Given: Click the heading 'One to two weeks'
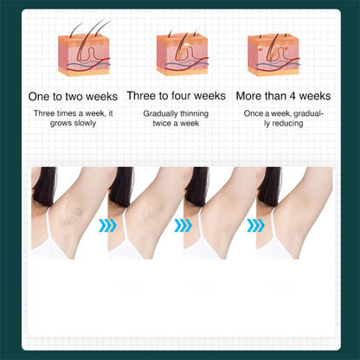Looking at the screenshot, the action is tap(73, 96).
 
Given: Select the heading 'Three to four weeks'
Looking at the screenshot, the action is tap(177, 96).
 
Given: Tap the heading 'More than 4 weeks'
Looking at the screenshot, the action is tap(283, 96).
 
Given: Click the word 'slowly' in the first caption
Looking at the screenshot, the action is tap(85, 123).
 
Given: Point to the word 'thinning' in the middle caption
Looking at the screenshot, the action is tap(195, 113).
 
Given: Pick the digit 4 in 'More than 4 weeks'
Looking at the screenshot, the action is tap(293, 96).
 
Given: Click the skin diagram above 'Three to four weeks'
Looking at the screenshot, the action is tap(183, 51).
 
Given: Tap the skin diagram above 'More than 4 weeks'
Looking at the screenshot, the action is tap(273, 55).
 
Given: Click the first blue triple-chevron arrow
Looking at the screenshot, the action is tap(107, 225).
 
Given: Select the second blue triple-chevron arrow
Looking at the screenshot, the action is tap(183, 225).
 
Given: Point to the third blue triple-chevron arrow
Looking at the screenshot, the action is tap(255, 225).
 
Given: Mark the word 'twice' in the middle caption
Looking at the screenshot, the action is tap(162, 123).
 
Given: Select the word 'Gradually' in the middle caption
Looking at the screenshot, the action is tap(162, 113).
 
